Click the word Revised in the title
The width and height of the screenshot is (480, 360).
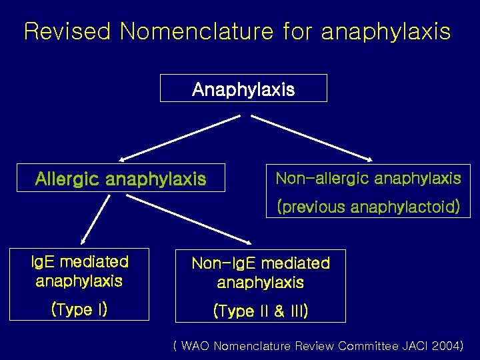tap(68, 31)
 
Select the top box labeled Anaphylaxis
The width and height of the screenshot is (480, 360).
tap(243, 89)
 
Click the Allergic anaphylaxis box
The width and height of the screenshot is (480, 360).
tap(121, 179)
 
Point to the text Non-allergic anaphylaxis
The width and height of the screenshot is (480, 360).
tap(368, 178)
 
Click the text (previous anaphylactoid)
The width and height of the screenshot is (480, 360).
tap(368, 207)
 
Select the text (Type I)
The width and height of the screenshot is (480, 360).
tap(79, 309)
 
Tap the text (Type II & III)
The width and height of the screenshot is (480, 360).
tap(260, 311)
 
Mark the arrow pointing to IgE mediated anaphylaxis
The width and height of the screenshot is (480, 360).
tap(95, 220)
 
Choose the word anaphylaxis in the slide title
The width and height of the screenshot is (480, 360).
tap(386, 31)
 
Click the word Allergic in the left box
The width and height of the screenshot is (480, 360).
tap(67, 179)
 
